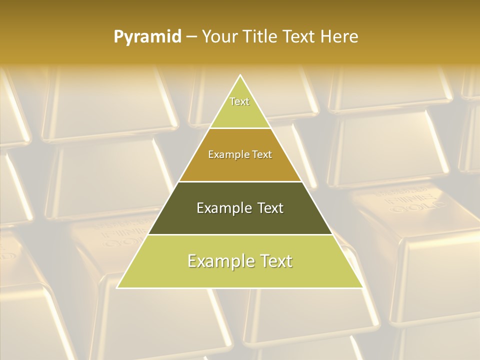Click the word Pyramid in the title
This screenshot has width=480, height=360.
click(x=147, y=37)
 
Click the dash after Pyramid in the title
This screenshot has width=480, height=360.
click(x=191, y=37)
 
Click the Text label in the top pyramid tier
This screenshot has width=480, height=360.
click(x=239, y=101)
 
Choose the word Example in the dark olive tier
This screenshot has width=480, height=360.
click(x=222, y=208)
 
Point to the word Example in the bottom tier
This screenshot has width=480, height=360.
click(x=218, y=261)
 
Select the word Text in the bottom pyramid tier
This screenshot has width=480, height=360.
click(x=275, y=261)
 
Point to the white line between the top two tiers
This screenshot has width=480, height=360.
click(x=240, y=128)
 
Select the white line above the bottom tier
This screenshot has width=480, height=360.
click(x=240, y=234)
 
